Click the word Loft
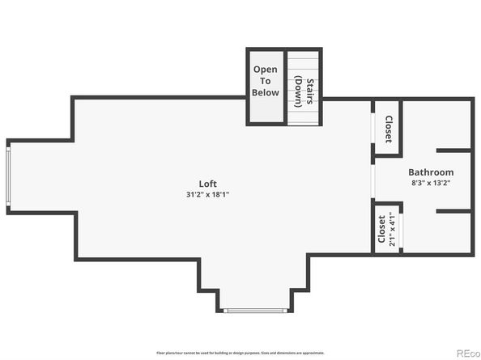208,184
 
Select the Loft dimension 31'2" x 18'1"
208,195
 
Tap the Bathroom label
430,172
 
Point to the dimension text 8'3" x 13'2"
430,183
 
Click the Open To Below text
266,81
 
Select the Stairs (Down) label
303,81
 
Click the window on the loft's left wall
8,176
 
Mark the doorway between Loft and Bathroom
373,183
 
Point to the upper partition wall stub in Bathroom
453,150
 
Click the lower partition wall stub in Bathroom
453,211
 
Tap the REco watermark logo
466,352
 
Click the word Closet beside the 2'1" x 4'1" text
381,229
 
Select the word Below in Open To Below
266,92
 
